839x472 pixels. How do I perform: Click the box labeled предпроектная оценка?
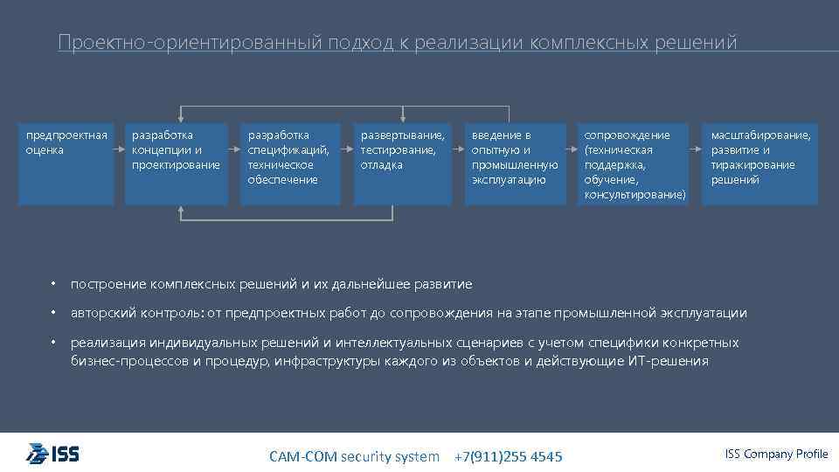[66, 163]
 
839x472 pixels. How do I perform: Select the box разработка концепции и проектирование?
[177, 163]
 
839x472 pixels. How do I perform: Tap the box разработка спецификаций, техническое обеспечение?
[289, 163]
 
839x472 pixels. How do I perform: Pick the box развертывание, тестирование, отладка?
[402, 163]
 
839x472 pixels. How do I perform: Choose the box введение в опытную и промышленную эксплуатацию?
[515, 163]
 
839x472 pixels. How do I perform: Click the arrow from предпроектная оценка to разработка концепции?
[120, 149]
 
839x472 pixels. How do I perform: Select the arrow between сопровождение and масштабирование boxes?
[695, 149]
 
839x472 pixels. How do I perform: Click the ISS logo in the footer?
[53, 453]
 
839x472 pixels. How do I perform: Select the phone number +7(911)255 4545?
[509, 457]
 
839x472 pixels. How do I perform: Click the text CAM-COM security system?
[354, 456]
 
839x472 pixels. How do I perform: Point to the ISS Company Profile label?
[776, 453]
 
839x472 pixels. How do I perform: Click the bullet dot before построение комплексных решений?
[53, 284]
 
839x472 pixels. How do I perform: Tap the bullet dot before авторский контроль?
[53, 313]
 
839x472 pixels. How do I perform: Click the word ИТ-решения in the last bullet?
[668, 361]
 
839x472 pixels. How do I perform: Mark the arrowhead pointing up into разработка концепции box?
[181, 209]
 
